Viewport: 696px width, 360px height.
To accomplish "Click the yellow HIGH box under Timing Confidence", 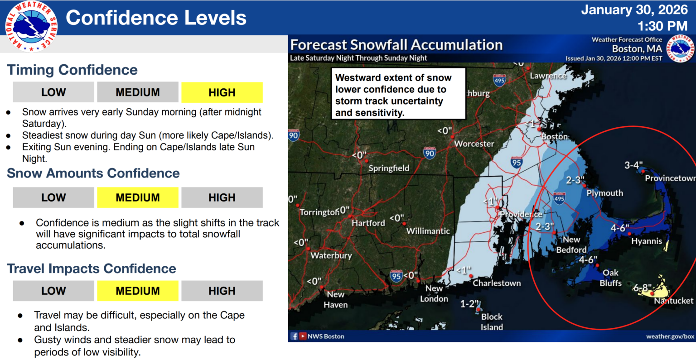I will point(222,92).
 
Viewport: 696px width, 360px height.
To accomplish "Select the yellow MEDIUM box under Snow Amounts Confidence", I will point(137,198).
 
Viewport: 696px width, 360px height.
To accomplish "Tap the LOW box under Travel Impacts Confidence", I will point(53,291).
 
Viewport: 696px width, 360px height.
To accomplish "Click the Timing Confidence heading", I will point(72,70).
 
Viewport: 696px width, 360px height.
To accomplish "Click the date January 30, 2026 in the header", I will point(634,10).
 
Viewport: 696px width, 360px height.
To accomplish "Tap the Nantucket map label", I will point(673,301).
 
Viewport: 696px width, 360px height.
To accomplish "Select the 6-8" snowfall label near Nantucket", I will point(642,288).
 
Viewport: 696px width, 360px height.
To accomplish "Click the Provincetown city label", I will point(670,178).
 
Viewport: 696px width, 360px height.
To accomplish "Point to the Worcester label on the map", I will point(474,144).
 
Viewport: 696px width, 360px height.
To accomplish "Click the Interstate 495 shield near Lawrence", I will point(499,80).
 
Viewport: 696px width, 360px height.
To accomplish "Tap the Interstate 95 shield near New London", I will point(396,276).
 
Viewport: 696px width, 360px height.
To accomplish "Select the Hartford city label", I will point(368,223).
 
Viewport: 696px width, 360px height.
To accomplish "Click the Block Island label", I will point(492,322).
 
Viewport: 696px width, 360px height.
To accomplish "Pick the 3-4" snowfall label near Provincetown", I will point(633,165).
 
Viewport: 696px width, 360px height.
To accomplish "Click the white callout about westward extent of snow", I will point(398,94).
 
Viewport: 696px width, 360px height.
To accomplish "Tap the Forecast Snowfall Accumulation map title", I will point(396,45).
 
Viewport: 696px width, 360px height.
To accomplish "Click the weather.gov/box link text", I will point(670,336).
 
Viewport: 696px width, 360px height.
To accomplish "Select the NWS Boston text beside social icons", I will point(326,336).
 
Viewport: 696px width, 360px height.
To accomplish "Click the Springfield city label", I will point(389,168).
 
